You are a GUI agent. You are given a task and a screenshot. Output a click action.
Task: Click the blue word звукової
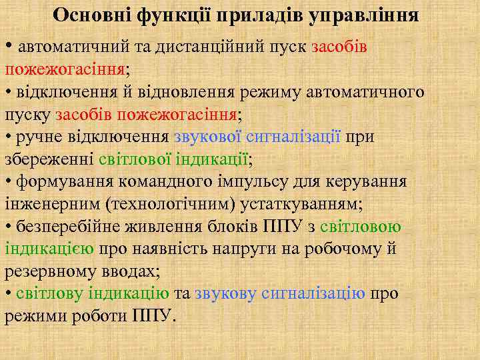[x=207, y=137]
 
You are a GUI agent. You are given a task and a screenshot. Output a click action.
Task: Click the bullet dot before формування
[x=9, y=182]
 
